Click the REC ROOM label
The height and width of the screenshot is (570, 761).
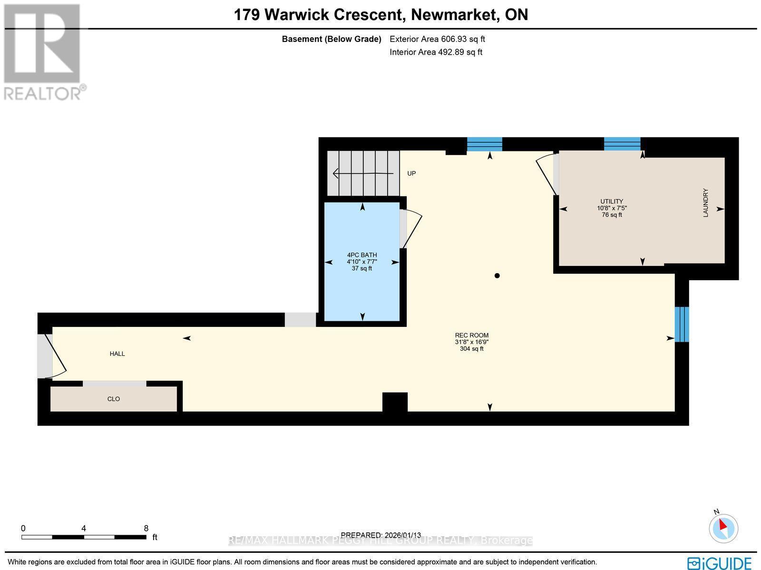pos(471,335)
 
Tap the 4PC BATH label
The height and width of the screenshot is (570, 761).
pos(362,255)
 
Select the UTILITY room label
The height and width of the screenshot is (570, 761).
pos(612,201)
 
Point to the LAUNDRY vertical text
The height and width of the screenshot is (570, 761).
pos(706,203)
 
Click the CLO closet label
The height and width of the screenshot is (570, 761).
pos(113,399)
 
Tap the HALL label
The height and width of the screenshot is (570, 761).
pos(117,354)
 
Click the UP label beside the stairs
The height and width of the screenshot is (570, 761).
pos(411,173)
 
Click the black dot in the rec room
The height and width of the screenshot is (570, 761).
pos(497,275)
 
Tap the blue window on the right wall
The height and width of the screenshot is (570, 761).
pos(682,324)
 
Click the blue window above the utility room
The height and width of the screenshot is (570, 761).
pos(622,144)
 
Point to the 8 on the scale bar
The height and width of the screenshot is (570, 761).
pos(146,528)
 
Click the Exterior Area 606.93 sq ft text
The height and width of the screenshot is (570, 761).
pos(437,39)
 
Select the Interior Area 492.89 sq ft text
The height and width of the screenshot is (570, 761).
pos(436,52)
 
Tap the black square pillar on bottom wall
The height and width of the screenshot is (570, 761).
pos(395,402)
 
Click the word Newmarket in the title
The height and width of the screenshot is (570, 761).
pos(453,15)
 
